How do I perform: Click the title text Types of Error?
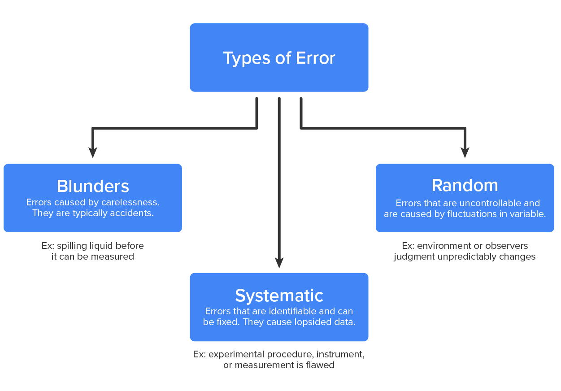coord(279,58)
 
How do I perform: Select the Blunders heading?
coord(93,186)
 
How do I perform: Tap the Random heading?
coord(465,185)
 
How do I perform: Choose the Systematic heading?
coord(279,295)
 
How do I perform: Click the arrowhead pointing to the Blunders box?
coord(93,152)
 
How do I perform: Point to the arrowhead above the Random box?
coord(465,152)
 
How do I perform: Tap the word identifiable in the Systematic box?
coord(294,311)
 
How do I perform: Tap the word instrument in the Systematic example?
coord(343,354)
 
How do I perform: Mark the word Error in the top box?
coord(315,58)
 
